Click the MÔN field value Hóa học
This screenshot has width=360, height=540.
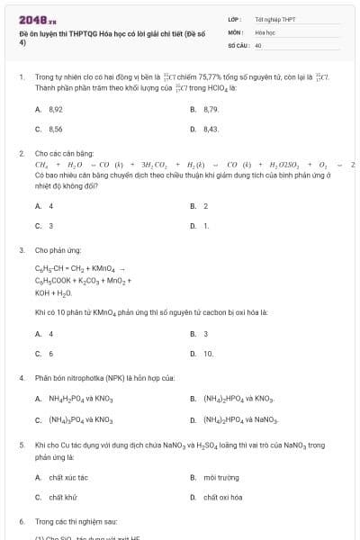pos(265,31)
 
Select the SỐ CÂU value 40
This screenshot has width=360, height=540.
pos(258,44)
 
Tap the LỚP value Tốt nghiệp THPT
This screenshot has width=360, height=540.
pos(274,18)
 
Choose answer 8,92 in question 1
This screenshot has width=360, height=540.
pos(55,109)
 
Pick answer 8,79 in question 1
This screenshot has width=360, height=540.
pos(211,109)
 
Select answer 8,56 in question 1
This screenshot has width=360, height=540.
pos(55,130)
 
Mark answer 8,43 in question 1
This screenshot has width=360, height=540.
pos(211,130)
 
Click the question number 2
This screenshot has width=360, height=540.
pos(21,154)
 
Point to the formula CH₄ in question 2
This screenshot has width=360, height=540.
pos(41,165)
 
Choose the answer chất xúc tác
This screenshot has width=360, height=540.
pos(68,477)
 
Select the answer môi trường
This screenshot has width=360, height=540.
pos(219,477)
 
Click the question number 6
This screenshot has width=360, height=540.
pos(21,521)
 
